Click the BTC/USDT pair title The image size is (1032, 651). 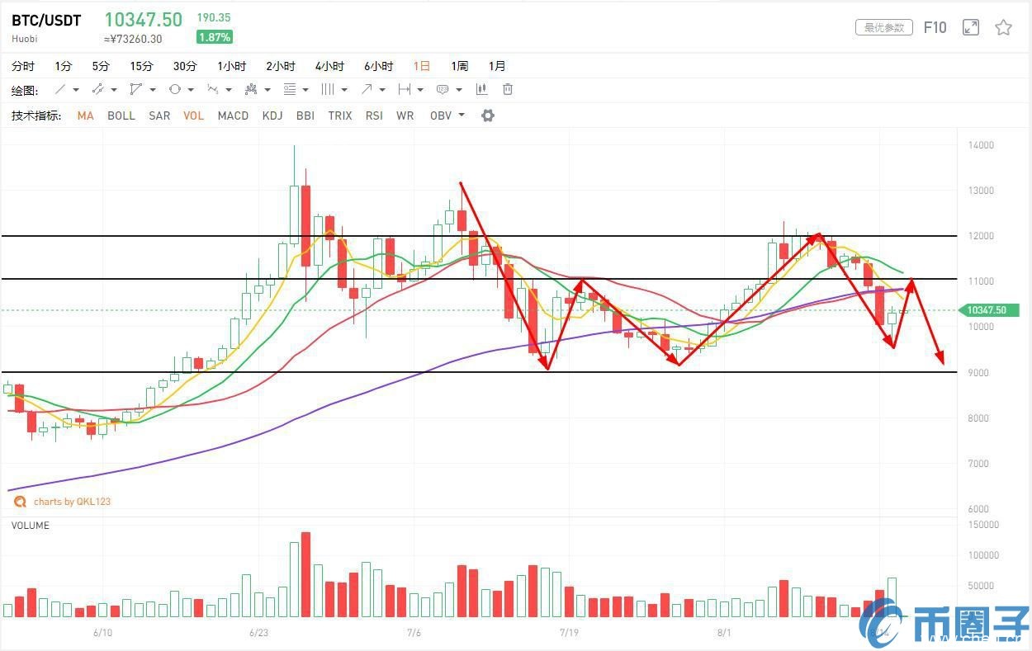[46, 21]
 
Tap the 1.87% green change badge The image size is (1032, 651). [215, 37]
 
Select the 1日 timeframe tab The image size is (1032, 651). [421, 66]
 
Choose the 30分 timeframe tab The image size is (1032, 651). [185, 66]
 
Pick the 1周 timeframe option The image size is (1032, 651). [459, 66]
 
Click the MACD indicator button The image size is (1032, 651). [233, 116]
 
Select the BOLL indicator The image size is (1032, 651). [121, 116]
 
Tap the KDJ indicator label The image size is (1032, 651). [272, 116]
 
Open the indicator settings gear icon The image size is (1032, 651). [488, 116]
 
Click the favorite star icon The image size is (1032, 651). [1003, 28]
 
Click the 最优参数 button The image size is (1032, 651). [884, 28]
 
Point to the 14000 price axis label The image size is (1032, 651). [981, 145]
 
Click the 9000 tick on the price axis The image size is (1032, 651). [978, 373]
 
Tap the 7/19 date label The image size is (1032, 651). [568, 633]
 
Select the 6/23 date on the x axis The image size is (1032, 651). [258, 633]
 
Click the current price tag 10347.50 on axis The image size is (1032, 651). [988, 310]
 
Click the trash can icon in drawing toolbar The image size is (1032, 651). [508, 89]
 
